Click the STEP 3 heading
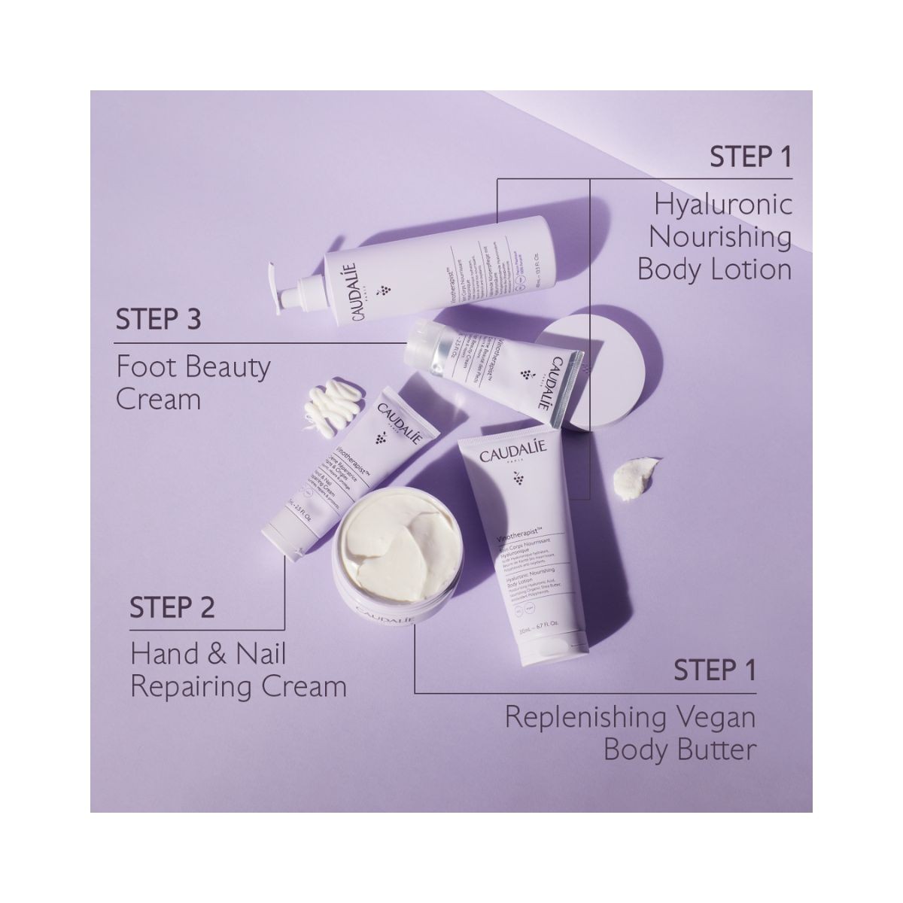click(x=158, y=320)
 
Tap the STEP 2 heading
click(x=173, y=608)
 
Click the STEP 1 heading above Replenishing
click(x=714, y=669)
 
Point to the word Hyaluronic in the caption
click(x=723, y=205)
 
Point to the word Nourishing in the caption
click(x=720, y=237)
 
